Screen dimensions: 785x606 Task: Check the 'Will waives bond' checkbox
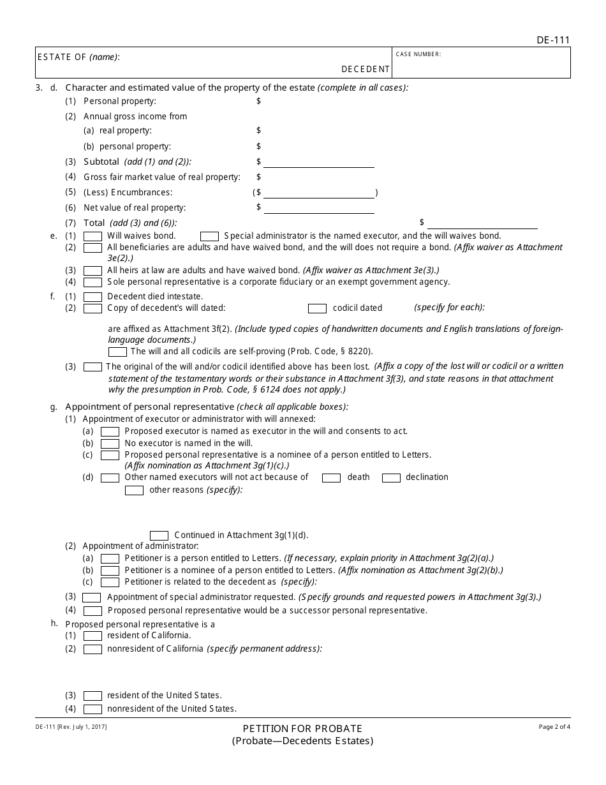pos(93,236)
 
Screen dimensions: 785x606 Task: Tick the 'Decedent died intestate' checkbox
pos(93,297)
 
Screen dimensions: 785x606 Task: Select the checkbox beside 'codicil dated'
pos(317,308)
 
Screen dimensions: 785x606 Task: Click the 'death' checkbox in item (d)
pos(331,477)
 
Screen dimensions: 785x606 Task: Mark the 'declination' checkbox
pos(391,477)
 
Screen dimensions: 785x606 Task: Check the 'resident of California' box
pos(93,636)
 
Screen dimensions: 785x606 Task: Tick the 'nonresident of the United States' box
pos(93,709)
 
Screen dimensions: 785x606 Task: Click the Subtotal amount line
pos(318,163)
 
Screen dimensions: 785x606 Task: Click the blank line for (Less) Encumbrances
pos(318,193)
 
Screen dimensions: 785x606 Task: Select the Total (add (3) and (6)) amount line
pos(482,223)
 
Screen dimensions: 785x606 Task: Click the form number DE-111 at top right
pos(553,40)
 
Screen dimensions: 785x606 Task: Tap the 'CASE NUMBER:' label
pos(418,54)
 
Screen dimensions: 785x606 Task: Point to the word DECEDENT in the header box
pos(366,69)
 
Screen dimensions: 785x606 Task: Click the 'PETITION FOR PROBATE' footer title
pos(302,728)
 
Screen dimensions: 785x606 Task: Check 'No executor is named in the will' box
pos(110,444)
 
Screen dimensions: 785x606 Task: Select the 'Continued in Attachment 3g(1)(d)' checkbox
pos(159,535)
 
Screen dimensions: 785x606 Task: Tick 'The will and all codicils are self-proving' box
pos(117,352)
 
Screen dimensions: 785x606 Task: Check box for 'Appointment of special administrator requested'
pos(92,597)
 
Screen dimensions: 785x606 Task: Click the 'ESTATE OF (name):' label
pos(78,57)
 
